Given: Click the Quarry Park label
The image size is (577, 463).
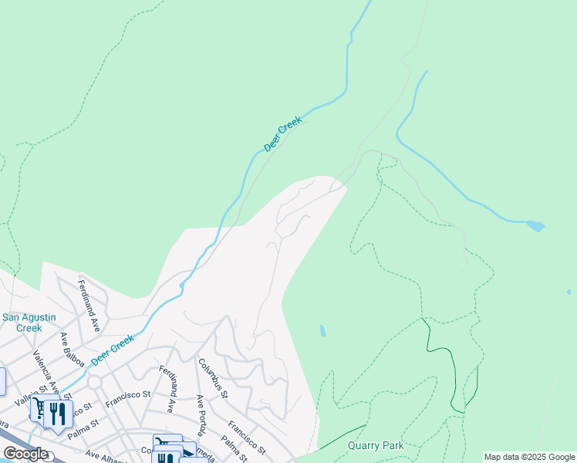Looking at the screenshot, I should pyautogui.click(x=375, y=445).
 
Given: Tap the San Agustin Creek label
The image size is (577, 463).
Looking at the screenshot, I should pyautogui.click(x=22, y=322).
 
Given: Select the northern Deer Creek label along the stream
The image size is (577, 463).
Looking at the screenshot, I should pyautogui.click(x=282, y=133).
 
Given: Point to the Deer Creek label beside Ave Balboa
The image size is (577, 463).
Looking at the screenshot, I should pyautogui.click(x=112, y=350).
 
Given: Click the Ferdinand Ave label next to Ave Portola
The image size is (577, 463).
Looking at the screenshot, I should pyautogui.click(x=168, y=390).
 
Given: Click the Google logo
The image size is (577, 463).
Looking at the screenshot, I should pyautogui.click(x=25, y=454).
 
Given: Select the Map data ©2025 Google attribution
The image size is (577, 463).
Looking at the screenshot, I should pyautogui.click(x=529, y=457).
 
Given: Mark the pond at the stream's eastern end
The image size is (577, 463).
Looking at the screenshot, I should pyautogui.click(x=535, y=226).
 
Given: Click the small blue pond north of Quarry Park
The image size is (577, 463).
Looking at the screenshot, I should pyautogui.click(x=322, y=330).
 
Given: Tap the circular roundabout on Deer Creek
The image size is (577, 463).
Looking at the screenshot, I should pyautogui.click(x=95, y=382).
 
